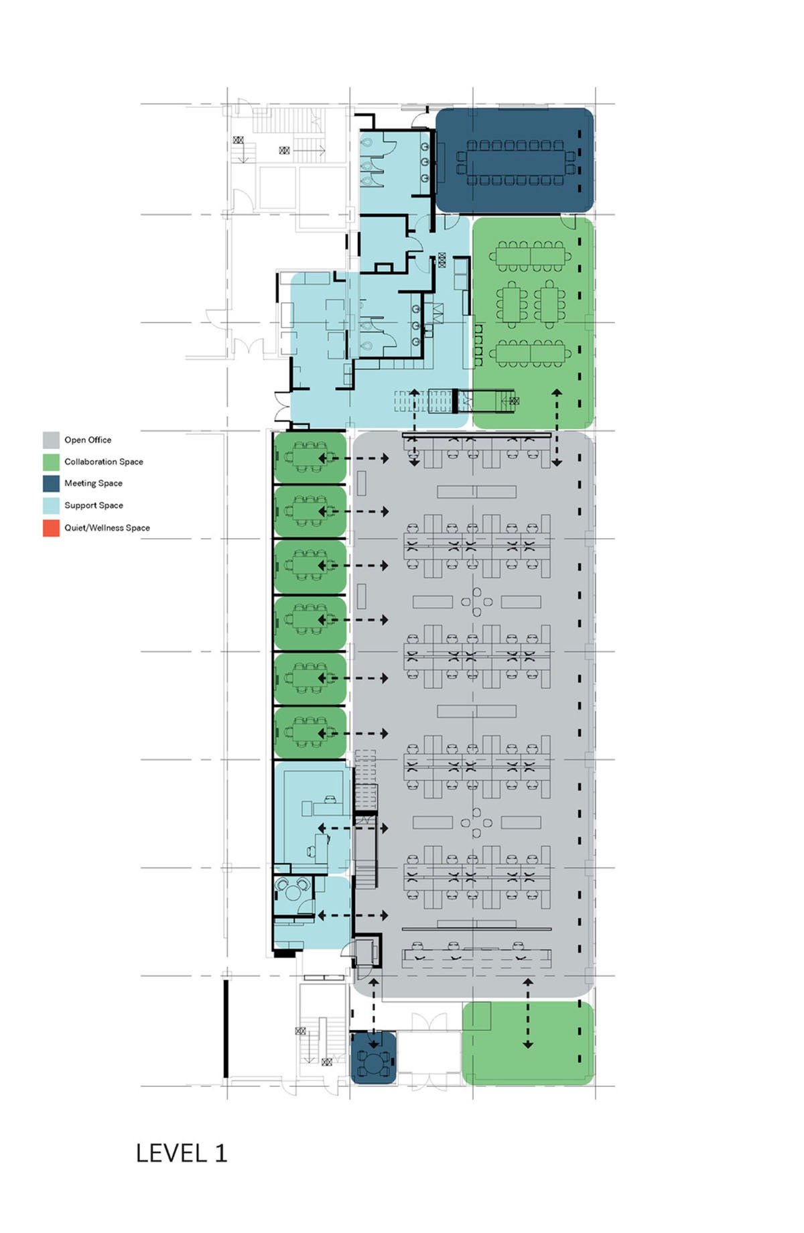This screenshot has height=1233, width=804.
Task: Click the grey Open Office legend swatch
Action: coord(51,440)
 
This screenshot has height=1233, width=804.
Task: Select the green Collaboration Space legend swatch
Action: coord(51,462)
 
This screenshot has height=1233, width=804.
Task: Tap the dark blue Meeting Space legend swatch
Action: coord(51,483)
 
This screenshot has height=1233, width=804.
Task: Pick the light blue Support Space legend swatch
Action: coord(51,505)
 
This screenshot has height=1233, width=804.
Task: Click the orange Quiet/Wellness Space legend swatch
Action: coord(51,527)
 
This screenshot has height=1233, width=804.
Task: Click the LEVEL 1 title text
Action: coord(182,1153)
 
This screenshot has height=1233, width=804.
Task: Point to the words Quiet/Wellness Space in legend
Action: coord(107,528)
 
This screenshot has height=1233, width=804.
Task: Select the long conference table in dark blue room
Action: coord(515,163)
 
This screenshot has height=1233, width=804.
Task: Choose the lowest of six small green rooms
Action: coord(310,733)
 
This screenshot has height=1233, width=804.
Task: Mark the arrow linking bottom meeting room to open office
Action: coord(374,1012)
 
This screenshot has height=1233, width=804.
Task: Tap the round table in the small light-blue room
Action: coord(293,892)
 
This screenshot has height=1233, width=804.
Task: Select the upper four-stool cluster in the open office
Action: coord(476,602)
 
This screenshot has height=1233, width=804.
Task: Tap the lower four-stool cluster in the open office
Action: coord(476,823)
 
